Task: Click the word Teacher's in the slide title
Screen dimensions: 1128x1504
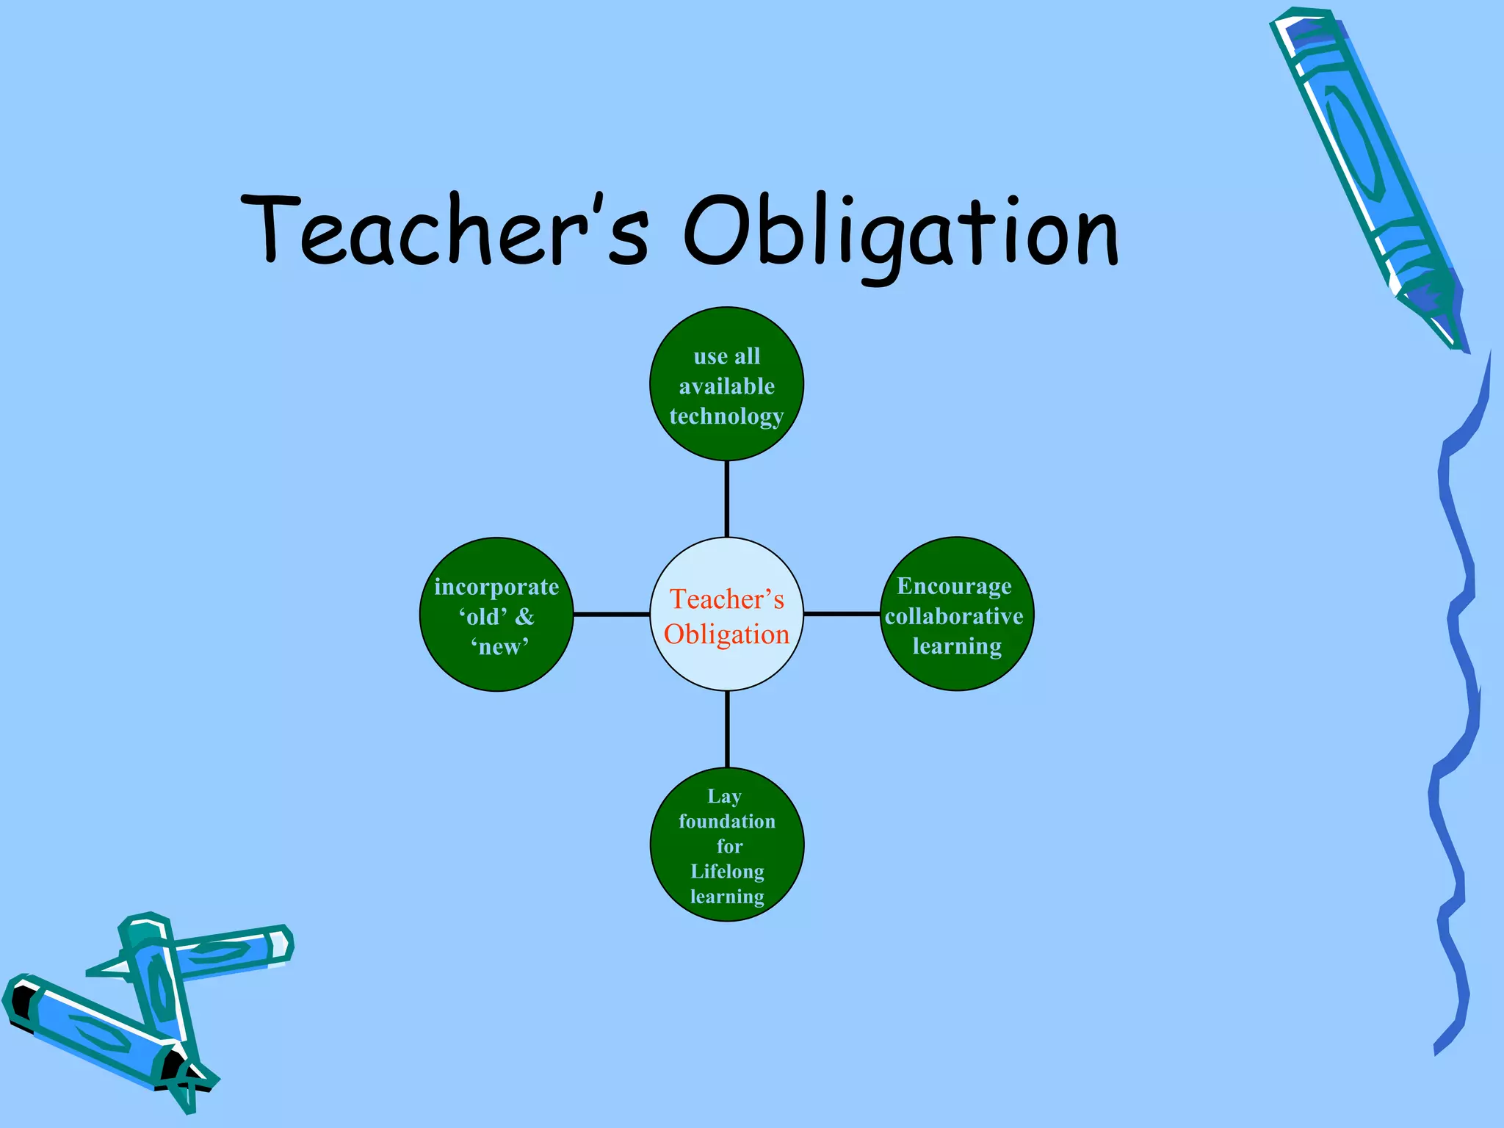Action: [x=444, y=229]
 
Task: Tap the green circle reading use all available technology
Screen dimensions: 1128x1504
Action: [x=726, y=330]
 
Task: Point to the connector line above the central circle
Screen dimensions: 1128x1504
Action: [x=726, y=499]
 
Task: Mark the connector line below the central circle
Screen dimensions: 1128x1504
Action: [x=727, y=729]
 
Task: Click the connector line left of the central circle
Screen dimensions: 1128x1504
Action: [x=611, y=614]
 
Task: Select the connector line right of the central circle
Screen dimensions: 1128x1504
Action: [x=842, y=613]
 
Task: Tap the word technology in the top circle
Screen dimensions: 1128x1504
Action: [x=726, y=417]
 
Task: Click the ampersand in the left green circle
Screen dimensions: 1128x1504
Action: [x=524, y=617]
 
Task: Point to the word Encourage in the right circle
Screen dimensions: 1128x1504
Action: [x=954, y=586]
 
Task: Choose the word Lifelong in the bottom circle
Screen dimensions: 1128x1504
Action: [x=727, y=872]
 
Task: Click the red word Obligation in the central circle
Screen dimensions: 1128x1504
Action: [x=726, y=634]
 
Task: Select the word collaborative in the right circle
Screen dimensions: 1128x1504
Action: [x=954, y=616]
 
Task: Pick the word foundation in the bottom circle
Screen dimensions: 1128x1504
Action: [x=727, y=821]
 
